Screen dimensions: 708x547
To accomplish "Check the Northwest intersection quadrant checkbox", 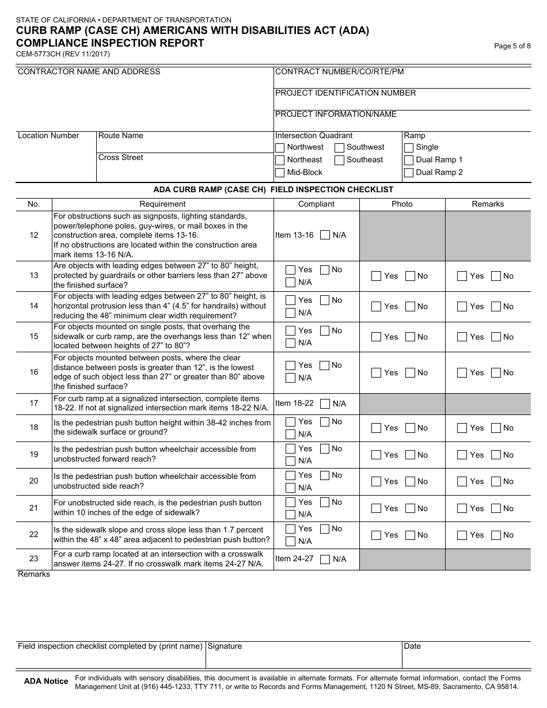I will pos(280,147).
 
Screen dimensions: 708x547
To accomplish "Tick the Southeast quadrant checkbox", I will pos(340,160).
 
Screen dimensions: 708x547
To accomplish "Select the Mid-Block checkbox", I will pos(280,173).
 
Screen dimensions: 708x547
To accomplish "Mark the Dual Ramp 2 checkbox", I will pos(409,173).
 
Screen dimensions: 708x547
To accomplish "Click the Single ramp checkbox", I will pos(409,147).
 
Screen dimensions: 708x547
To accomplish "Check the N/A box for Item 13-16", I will pos(325,235).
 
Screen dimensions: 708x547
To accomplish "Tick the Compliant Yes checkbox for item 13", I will pos(291,270).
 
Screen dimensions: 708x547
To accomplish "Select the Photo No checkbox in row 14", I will pos(411,307).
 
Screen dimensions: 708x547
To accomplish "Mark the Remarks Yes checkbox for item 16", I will pos(462,373).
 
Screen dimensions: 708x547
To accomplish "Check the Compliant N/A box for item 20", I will pos(291,488).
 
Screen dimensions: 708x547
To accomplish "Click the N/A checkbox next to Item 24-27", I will pos(325,559).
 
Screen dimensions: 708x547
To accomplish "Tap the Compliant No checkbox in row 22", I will pos(325,529).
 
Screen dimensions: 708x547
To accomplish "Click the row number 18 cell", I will pos(34,428).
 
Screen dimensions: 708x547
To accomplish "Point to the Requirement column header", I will pos(162,204).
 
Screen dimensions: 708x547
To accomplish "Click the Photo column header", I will pos(402,204).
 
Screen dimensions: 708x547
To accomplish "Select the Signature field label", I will pos(225,646).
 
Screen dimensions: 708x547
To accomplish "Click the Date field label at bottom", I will pos(412,646).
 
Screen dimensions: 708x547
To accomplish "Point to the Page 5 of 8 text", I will pos(512,46).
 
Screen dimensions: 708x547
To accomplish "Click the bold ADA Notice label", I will pos(46,682).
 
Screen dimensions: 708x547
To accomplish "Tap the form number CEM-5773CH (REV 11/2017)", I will pos(63,54).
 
